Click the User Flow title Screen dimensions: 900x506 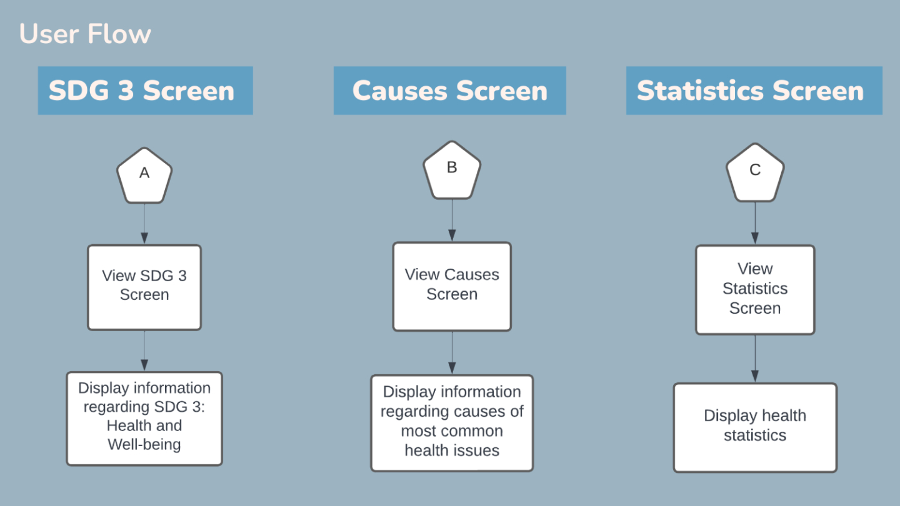click(x=85, y=34)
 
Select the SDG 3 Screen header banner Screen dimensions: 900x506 click(x=146, y=91)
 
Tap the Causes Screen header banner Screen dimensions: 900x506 click(x=450, y=91)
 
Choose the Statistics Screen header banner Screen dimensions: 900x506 click(x=754, y=91)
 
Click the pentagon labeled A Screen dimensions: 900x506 click(x=144, y=176)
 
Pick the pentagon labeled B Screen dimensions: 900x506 click(x=452, y=170)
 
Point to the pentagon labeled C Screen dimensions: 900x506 click(x=755, y=172)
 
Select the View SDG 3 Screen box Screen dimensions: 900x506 click(x=144, y=287)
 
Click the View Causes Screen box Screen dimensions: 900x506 click(x=452, y=287)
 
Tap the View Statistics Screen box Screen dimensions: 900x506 click(x=755, y=290)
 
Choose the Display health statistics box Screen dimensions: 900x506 click(x=755, y=428)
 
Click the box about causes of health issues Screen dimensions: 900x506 click(x=452, y=423)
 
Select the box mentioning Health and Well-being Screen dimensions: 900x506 click(x=144, y=419)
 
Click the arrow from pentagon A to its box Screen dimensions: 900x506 click(x=144, y=224)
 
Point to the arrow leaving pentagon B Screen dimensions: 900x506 click(x=452, y=220)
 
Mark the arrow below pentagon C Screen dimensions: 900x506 click(x=755, y=223)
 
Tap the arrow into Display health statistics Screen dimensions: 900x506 click(x=755, y=359)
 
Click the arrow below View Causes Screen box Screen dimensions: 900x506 click(x=452, y=353)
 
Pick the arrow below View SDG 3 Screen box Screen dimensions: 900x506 click(x=144, y=351)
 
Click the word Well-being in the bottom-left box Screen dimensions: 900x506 click(x=144, y=445)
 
